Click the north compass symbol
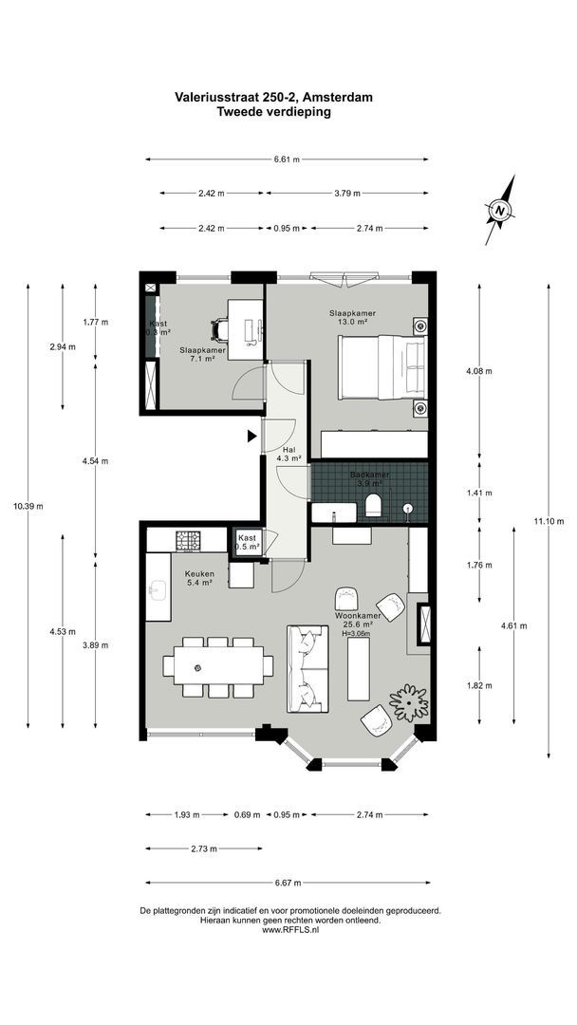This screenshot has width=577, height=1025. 500,210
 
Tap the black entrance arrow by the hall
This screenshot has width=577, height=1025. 251,436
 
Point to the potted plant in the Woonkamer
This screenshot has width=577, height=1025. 408,701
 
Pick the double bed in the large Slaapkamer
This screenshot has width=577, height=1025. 383,366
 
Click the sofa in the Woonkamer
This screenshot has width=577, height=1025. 306,668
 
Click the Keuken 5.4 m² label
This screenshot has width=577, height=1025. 200,578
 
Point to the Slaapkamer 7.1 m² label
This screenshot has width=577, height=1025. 202,355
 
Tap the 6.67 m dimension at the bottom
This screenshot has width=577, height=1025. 287,883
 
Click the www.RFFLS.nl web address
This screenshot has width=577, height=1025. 289,931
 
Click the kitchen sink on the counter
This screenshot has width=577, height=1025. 157,589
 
